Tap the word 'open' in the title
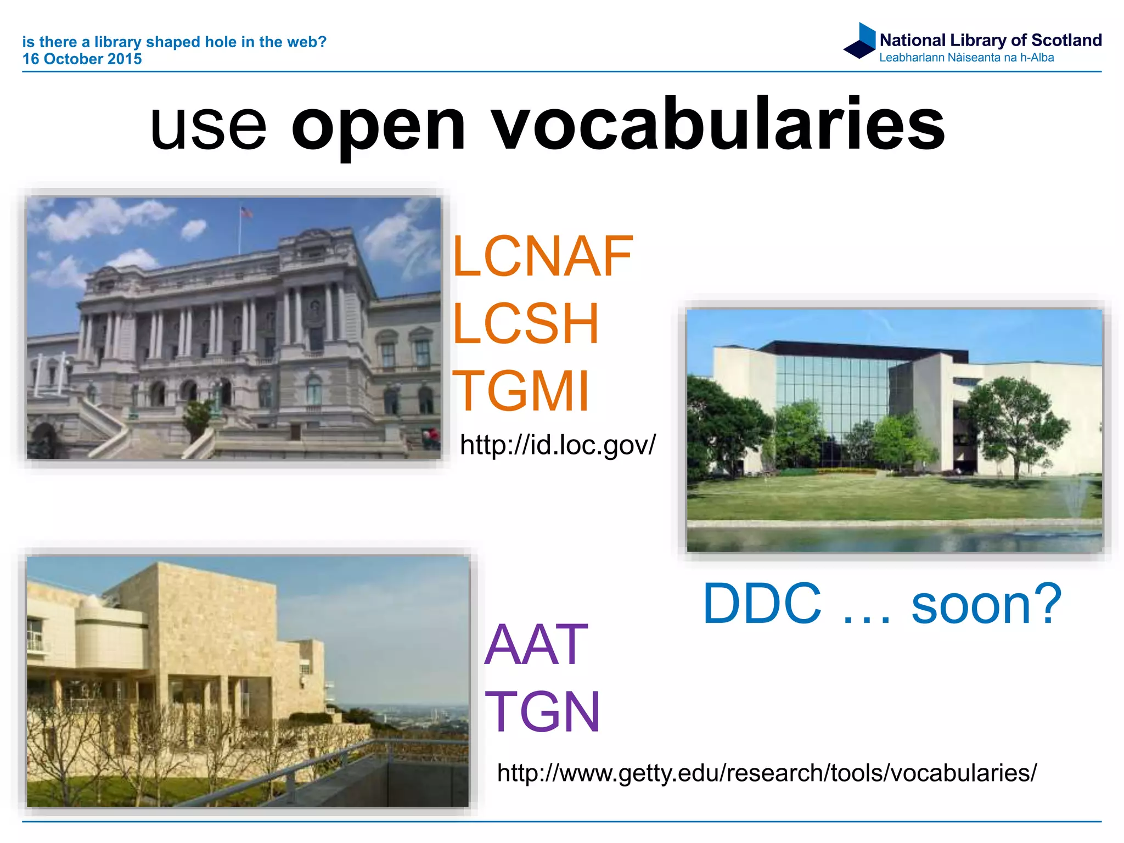tap(379, 129)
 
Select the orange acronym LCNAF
tap(542, 256)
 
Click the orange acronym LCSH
tap(525, 324)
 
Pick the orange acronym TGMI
tap(520, 391)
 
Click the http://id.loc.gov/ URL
tap(557, 445)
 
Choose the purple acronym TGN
tap(542, 712)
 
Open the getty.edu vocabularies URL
tap(767, 773)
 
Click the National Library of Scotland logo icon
tap(860, 41)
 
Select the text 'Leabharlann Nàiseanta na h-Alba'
tap(966, 58)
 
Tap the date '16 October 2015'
tap(82, 59)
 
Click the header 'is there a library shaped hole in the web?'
tap(174, 42)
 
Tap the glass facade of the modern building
tap(831, 395)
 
